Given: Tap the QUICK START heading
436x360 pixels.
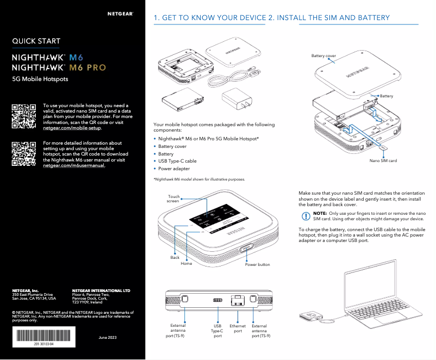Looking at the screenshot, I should pyautogui.click(x=36, y=41).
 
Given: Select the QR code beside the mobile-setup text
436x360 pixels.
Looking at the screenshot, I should pyautogui.click(x=24, y=115).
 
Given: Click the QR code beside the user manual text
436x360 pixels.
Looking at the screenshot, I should pyautogui.click(x=24, y=154).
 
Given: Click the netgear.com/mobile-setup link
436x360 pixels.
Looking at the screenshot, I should pyautogui.click(x=72, y=128).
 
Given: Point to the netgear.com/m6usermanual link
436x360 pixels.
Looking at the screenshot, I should pyautogui.click(x=74, y=165).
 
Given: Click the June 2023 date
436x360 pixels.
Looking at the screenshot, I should pyautogui.click(x=107, y=338).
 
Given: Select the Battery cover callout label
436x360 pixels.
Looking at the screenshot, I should pyautogui.click(x=323, y=56).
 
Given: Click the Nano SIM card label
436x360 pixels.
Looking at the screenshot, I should pyautogui.click(x=383, y=161).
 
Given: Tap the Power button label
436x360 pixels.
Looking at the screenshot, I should pyautogui.click(x=257, y=265).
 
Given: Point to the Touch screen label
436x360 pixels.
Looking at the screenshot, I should pyautogui.click(x=173, y=199).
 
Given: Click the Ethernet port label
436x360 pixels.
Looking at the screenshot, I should pyautogui.click(x=238, y=328).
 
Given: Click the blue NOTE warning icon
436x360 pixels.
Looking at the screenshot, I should pyautogui.click(x=305, y=216).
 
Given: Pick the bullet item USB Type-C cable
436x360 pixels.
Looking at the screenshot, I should pyautogui.click(x=177, y=162).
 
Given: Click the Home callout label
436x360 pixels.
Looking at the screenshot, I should pyautogui.click(x=186, y=263).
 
